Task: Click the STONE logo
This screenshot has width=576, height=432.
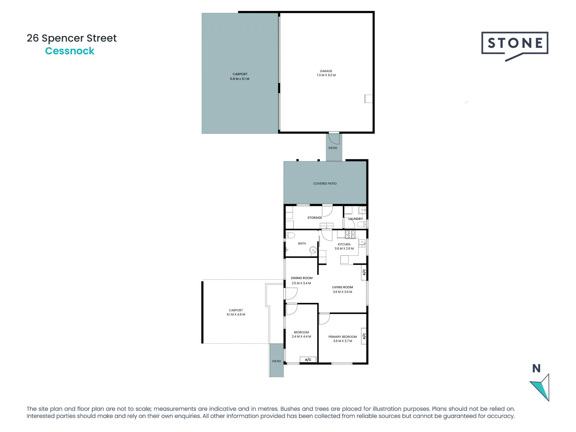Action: [x=515, y=44]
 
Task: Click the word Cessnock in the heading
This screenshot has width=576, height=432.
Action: [x=70, y=51]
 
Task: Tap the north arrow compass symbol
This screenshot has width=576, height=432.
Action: [x=540, y=387]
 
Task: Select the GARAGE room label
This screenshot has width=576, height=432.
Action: [x=326, y=71]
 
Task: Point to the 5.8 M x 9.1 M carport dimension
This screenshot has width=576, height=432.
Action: [x=239, y=79]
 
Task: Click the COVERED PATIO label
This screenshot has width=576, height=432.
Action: [x=325, y=183]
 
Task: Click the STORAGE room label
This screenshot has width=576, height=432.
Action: [x=314, y=217]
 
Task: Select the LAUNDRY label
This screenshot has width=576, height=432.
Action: [x=355, y=219]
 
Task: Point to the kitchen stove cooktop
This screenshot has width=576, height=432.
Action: [x=350, y=234]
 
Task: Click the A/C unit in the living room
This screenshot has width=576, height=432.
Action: [x=364, y=272]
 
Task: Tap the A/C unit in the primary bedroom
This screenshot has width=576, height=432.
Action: [x=364, y=336]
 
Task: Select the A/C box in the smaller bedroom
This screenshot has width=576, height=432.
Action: [x=308, y=359]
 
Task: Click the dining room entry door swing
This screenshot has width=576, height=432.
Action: [x=290, y=294]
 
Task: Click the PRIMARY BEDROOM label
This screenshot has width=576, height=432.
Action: [x=342, y=337]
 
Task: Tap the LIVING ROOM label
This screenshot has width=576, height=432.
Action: [x=342, y=287]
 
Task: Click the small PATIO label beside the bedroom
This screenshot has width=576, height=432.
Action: [x=276, y=361]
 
